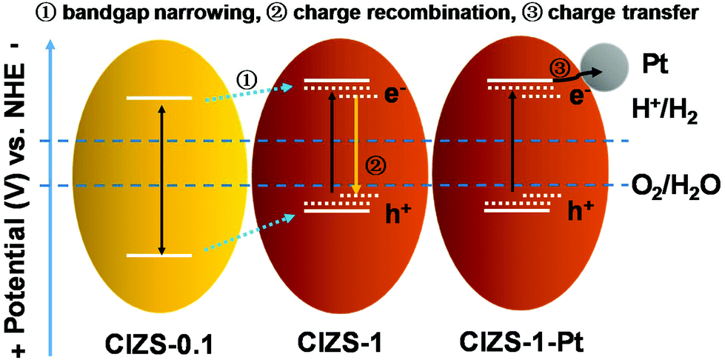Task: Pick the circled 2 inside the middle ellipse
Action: pos(374,165)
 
